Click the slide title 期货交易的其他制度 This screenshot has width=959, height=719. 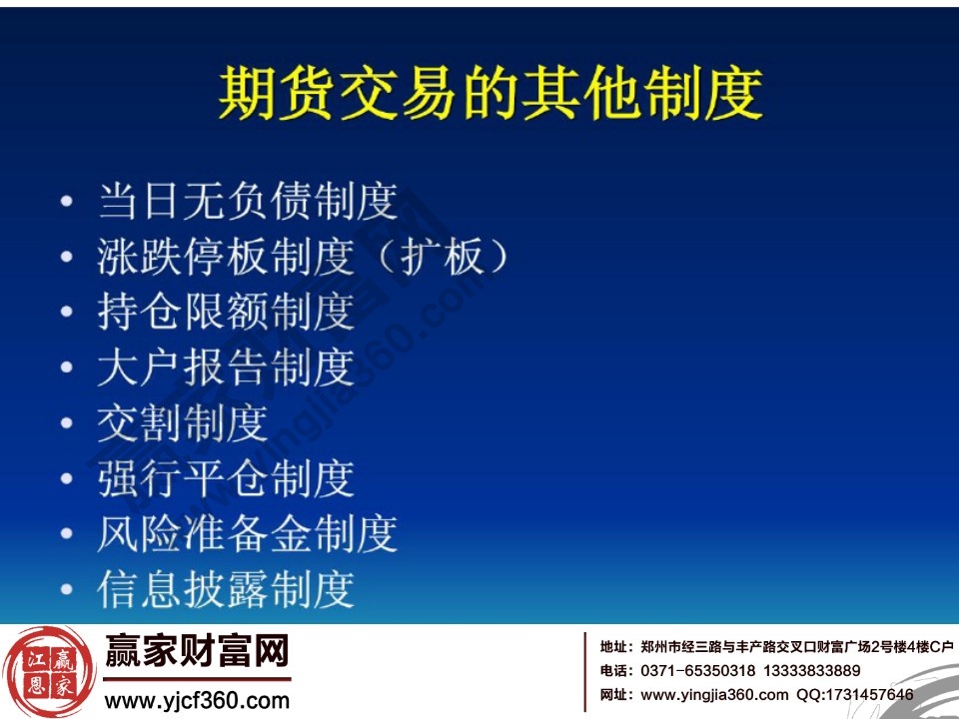(x=489, y=95)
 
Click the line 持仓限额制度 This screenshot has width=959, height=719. (x=226, y=312)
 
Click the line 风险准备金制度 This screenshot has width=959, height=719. (x=248, y=533)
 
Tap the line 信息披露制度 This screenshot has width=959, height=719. (x=226, y=589)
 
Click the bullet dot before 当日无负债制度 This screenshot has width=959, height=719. (x=67, y=203)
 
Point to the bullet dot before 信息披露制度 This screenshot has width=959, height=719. (x=67, y=590)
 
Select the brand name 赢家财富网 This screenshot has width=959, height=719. (x=197, y=653)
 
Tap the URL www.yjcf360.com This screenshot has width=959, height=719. (x=197, y=700)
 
